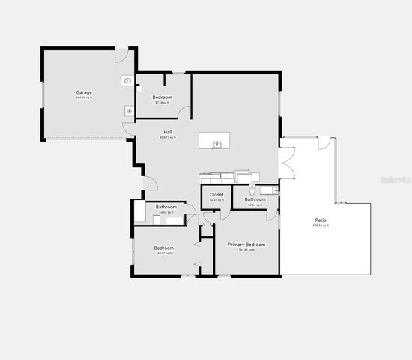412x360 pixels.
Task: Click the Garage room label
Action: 83,92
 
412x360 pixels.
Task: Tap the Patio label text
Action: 320,220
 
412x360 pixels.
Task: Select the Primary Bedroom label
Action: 246,244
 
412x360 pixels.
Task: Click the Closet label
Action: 216,195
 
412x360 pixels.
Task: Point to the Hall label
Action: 168,132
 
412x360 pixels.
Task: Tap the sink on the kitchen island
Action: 216,143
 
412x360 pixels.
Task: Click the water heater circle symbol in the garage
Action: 128,110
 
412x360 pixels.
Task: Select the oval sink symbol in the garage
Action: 127,79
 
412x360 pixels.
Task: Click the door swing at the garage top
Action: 121,55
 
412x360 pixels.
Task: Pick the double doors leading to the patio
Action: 287,163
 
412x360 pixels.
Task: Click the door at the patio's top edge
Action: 324,142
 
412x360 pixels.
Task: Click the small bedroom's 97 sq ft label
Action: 163,103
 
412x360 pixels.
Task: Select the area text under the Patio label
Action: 320,226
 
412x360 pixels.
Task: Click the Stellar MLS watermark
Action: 396,180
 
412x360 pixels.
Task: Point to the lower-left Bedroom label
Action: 164,247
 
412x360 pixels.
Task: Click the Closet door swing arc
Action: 208,217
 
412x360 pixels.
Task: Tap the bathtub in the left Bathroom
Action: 175,220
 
